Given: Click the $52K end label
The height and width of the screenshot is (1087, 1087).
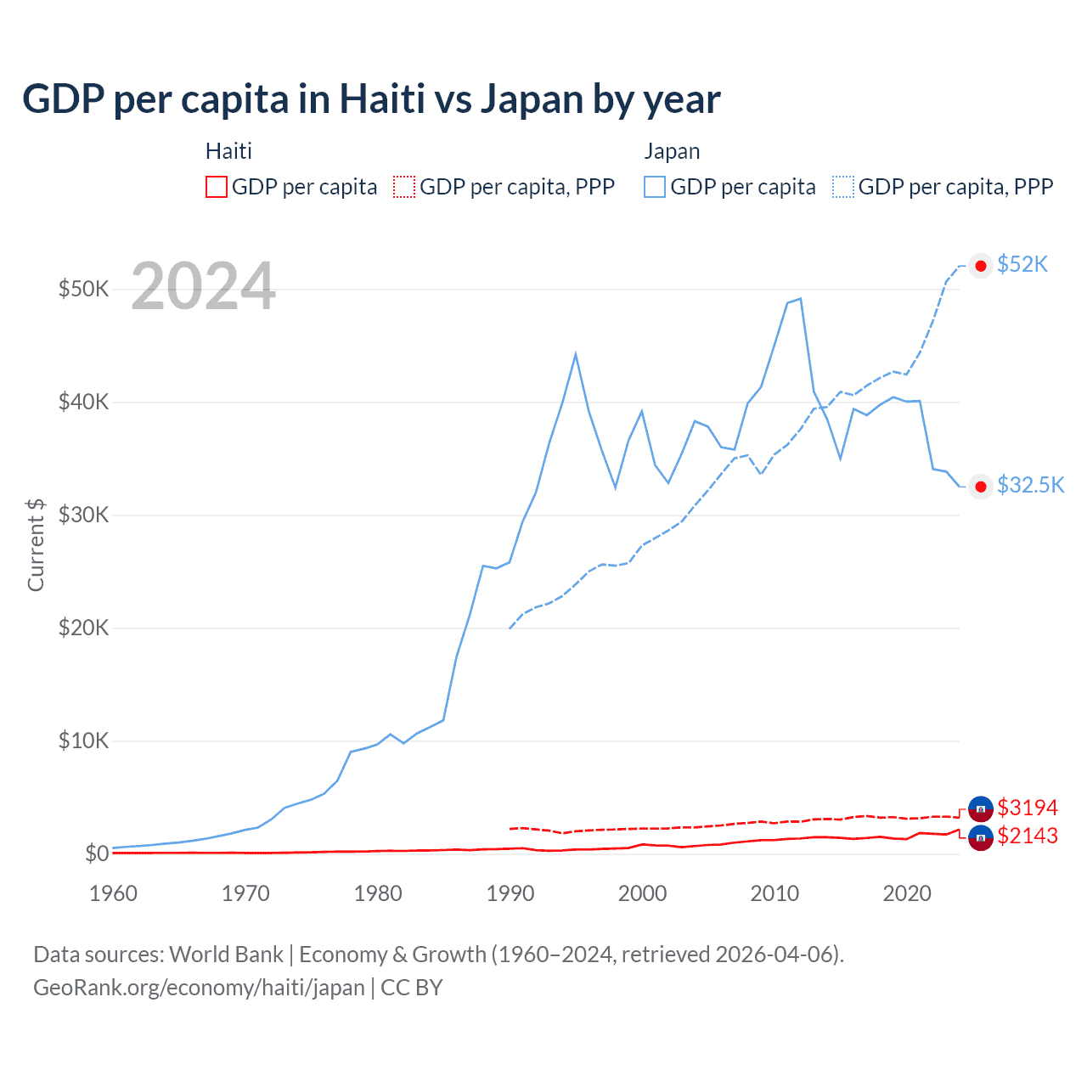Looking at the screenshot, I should point(1022,264).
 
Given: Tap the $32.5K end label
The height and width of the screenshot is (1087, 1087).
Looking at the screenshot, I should point(1030,485).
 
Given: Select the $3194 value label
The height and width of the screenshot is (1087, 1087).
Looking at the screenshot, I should point(1028,807).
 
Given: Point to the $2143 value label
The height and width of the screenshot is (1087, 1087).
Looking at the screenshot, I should point(1028,836).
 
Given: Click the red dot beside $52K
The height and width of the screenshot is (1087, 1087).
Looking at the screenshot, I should point(981,266).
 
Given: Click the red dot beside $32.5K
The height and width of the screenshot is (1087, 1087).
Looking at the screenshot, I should point(981,487).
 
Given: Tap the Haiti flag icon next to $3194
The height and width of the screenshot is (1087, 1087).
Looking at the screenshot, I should point(981,808).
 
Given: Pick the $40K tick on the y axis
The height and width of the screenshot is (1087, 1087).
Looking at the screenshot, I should point(83,402).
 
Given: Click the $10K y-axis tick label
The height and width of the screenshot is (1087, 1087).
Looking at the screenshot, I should point(83,741).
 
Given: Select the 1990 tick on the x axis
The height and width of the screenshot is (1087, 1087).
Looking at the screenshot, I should point(510,893).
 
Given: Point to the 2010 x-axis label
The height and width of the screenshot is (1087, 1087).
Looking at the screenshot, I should point(774,893).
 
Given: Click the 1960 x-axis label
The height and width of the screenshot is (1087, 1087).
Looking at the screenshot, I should point(113,893).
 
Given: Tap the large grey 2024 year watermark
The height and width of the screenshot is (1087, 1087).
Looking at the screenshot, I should point(203,286).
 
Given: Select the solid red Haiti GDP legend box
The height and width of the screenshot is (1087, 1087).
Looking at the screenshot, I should point(217,187).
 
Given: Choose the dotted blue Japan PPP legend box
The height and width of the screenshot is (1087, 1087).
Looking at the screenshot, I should point(843,187).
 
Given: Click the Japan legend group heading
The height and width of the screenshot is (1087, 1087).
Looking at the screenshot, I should point(672,151).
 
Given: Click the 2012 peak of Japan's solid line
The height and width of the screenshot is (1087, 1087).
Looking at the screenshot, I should point(800,299).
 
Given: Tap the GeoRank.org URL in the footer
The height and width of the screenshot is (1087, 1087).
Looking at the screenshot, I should point(199,988).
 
